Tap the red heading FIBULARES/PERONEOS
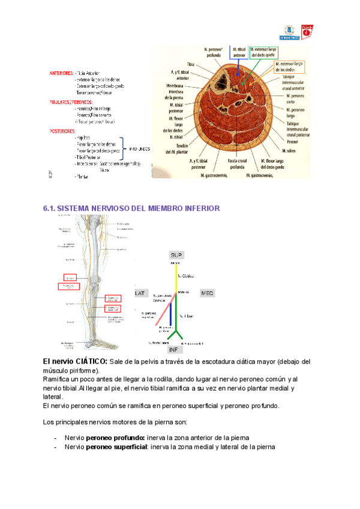coord(70,102)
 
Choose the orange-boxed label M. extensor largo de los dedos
coord(291,66)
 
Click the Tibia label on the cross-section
coord(191,64)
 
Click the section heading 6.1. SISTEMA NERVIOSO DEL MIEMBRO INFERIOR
coord(131,208)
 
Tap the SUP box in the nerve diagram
coord(176,254)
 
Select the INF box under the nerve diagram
coord(174,349)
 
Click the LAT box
coord(141,293)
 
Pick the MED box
coord(208,293)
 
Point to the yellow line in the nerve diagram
coord(176,279)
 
